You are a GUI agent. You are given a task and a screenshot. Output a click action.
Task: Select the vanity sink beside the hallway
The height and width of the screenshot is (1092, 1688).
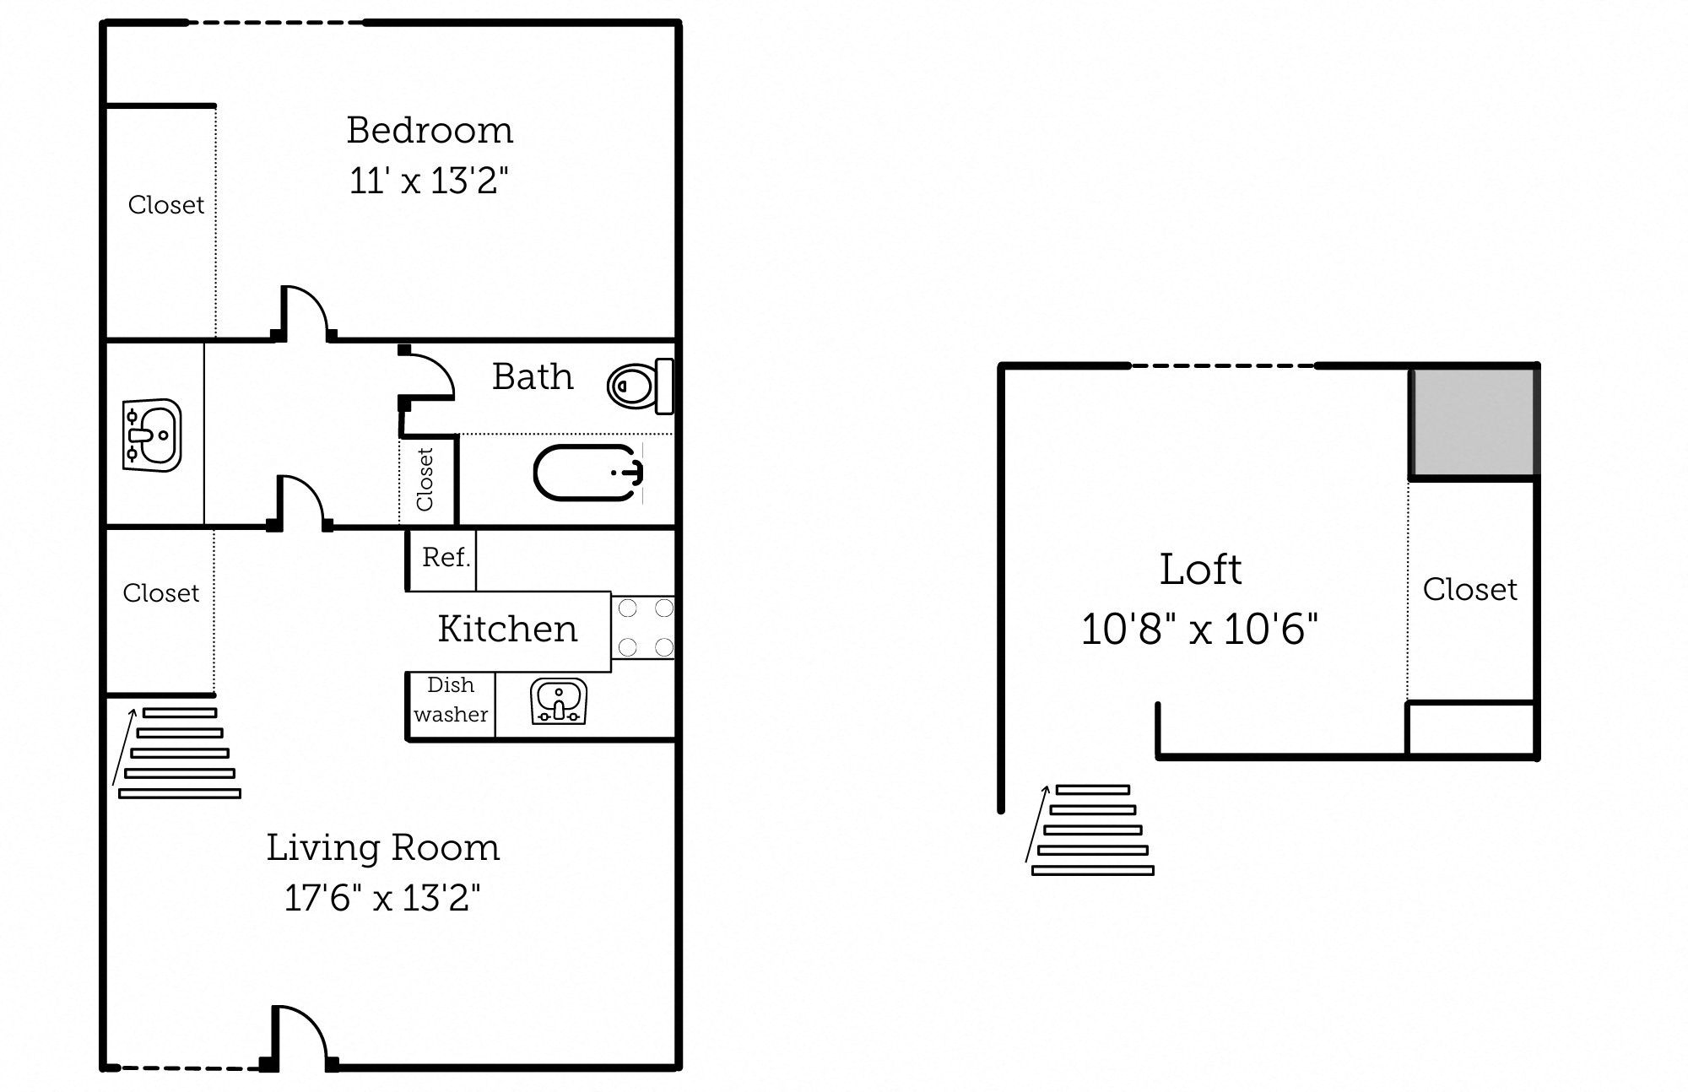152,435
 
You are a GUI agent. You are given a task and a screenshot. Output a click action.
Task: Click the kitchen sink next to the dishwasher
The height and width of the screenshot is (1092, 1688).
559,701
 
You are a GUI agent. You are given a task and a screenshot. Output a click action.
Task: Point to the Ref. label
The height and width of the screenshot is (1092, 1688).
446,558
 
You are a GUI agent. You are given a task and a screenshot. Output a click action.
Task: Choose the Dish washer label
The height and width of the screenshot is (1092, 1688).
451,700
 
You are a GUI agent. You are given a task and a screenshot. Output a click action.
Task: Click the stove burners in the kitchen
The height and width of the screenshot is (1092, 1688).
646,628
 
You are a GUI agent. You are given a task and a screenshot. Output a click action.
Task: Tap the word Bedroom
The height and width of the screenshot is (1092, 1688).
430,130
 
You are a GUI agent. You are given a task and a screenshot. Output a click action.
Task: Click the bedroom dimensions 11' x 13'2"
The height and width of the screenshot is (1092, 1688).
429,181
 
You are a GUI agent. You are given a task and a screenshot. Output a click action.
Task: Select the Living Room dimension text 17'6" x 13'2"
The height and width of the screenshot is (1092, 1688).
382,898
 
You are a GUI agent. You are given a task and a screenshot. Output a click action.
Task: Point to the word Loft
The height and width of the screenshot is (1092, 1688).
1200,570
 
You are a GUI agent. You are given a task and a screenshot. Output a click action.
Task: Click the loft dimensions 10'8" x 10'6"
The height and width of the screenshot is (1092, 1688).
1199,630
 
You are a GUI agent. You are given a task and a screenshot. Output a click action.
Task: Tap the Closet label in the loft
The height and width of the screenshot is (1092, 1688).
1469,589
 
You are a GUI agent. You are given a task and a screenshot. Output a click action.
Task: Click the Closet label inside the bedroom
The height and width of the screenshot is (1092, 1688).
165,205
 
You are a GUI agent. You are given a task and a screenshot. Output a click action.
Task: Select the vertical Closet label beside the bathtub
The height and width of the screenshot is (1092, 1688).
425,479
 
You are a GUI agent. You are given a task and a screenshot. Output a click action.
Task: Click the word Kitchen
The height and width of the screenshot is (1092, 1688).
507,630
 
